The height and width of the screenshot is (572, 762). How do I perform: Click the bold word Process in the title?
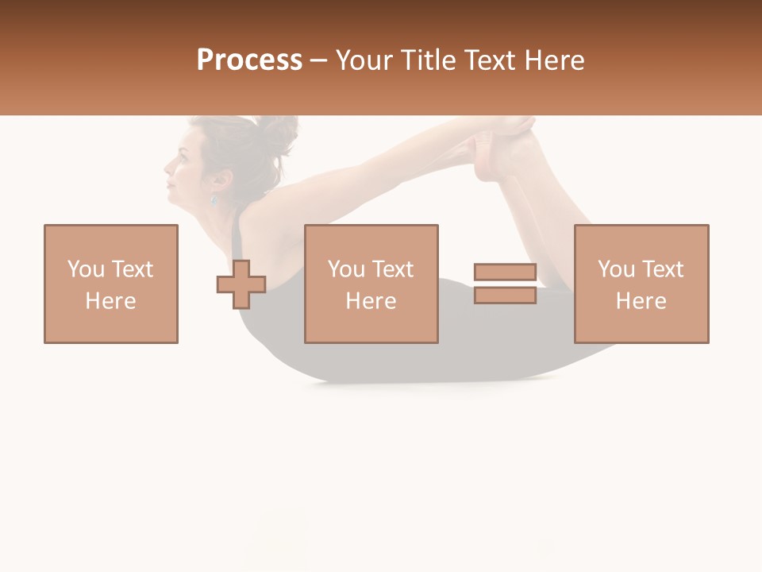click(249, 60)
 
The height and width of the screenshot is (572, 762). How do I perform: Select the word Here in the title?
click(553, 60)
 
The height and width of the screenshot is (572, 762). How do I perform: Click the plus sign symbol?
click(241, 284)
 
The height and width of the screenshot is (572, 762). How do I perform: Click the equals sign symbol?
click(506, 284)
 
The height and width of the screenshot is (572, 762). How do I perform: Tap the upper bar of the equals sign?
click(506, 272)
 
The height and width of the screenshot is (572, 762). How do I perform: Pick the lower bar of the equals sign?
click(506, 295)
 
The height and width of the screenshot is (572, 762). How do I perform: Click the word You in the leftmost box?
click(85, 269)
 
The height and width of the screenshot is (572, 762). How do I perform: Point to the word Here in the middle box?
click(371, 301)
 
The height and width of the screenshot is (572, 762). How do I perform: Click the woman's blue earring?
click(213, 199)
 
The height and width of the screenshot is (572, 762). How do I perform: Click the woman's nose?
click(167, 168)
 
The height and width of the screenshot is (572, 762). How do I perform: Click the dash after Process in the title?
click(317, 61)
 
